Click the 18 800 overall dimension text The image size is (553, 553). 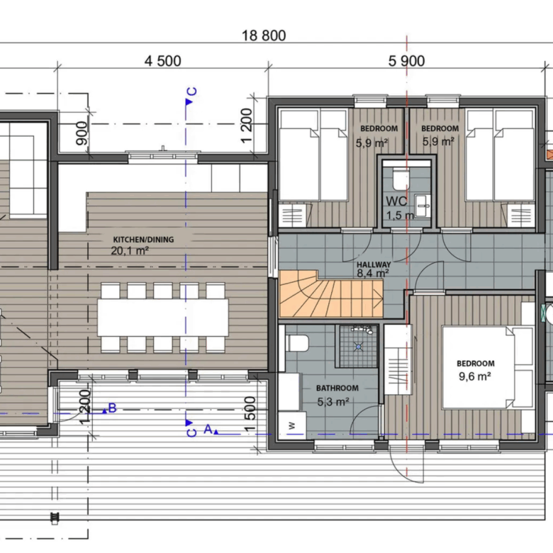click(264, 35)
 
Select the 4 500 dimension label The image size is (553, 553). click(163, 61)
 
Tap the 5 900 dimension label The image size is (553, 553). click(406, 61)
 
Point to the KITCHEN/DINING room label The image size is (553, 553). click(143, 240)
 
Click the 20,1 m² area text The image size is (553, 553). click(130, 251)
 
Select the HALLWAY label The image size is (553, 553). click(374, 264)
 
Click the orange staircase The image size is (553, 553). click(331, 294)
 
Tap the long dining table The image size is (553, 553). click(163, 318)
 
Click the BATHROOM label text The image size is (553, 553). click(337, 389)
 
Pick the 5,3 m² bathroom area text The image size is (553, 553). click(333, 402)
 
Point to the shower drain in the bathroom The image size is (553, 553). click(358, 347)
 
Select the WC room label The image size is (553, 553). click(396, 201)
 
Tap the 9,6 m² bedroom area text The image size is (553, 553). click(475, 376)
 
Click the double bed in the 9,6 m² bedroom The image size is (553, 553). click(487, 367)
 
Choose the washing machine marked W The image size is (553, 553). click(291, 425)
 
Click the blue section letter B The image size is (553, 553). click(112, 408)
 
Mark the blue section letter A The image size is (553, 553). click(208, 429)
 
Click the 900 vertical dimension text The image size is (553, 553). click(82, 133)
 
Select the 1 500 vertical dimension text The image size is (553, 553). click(250, 414)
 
